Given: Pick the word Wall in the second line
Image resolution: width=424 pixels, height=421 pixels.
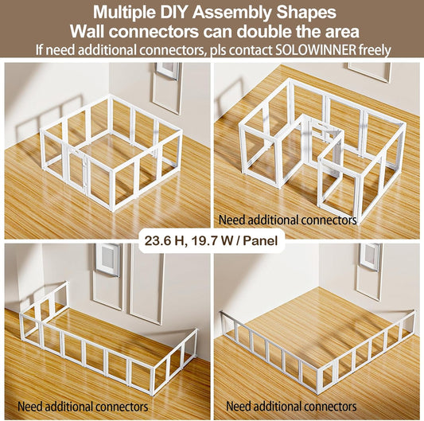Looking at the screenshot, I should click(88, 32).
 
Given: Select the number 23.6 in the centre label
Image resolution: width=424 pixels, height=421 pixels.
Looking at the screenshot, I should click(156, 239).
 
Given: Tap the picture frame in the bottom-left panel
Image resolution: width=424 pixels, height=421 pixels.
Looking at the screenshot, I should click(107, 259).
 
